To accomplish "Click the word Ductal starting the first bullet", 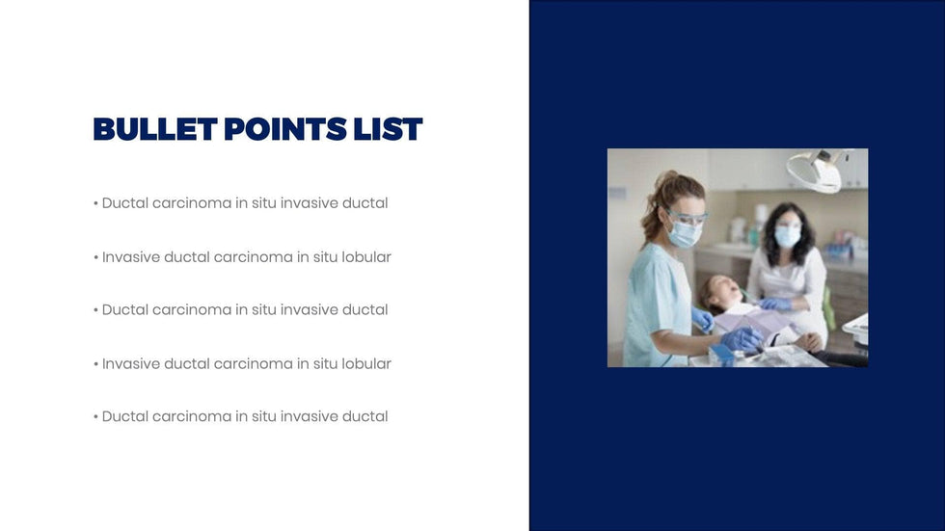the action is (124, 203).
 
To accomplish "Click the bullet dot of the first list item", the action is (95, 204).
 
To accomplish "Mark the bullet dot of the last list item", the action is (95, 417).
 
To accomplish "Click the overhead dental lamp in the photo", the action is (817, 170).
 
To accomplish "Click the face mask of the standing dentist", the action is (685, 234).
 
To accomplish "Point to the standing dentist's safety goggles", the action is (687, 217).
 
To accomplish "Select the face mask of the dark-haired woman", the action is (787, 237).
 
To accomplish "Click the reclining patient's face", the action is (725, 290).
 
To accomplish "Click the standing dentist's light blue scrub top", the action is (657, 301).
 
